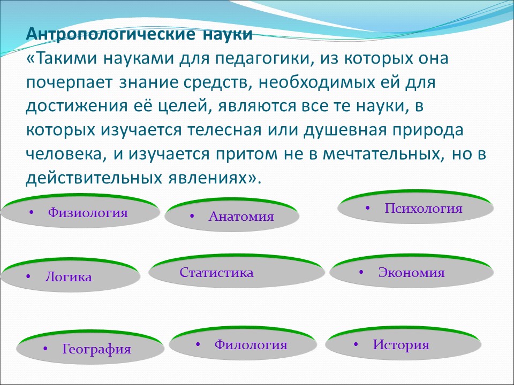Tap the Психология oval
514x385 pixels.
click(x=415, y=209)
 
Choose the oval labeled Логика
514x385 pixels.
click(x=70, y=277)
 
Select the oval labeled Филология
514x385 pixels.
click(x=242, y=345)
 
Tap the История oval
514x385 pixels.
click(x=401, y=345)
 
